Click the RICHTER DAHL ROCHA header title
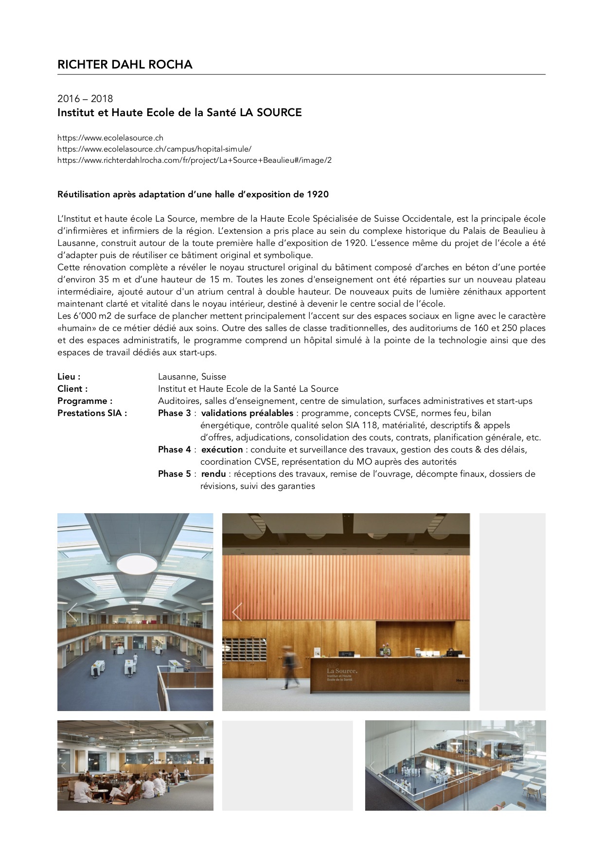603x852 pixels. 124,65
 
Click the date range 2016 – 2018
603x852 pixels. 85,99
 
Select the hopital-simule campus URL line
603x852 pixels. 154,149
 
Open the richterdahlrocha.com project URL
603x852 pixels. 194,160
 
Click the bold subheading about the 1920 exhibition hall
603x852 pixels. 193,194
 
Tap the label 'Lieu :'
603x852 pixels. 69,377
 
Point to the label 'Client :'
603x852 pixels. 72,389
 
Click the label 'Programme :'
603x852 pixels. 85,401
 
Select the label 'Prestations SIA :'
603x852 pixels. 92,413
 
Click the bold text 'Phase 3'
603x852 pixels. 174,413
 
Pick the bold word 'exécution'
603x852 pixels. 222,450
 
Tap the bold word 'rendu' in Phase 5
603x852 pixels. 213,474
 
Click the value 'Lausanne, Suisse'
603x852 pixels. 192,377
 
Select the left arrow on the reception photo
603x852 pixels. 237,612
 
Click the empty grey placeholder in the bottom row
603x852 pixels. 287,765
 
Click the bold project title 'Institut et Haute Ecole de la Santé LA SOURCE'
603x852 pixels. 179,113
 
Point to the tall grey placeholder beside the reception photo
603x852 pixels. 512,612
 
